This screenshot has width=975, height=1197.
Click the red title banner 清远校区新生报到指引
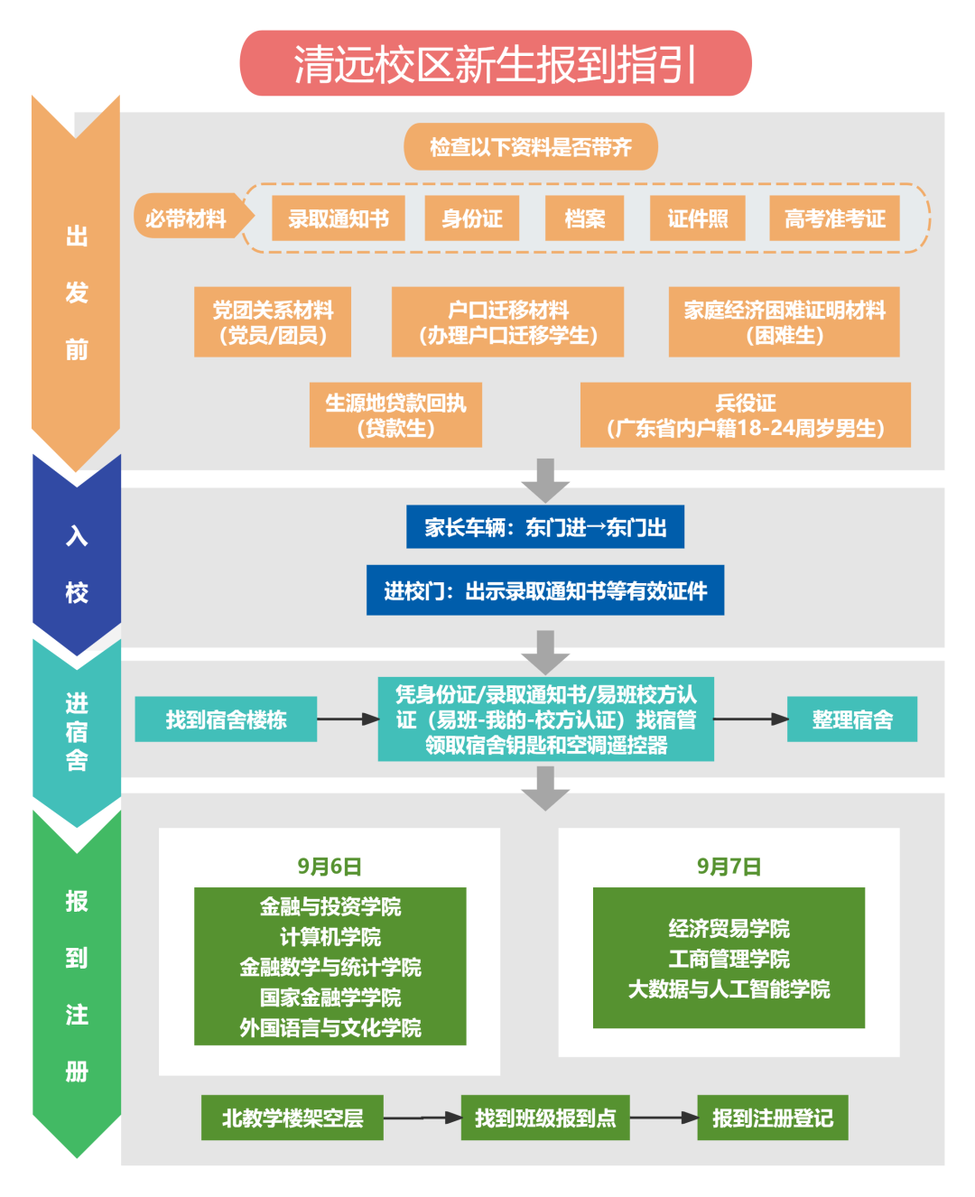(496, 63)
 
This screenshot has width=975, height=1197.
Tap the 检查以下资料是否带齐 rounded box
(531, 147)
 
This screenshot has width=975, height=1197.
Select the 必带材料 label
(187, 218)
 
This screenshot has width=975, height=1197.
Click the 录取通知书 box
(339, 218)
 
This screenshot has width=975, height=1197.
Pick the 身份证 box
(472, 218)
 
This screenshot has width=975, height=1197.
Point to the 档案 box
(585, 218)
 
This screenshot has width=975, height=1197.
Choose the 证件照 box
(698, 218)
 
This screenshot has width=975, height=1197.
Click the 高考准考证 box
(835, 218)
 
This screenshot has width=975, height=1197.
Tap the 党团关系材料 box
(273, 322)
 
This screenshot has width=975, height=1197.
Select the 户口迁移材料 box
(508, 322)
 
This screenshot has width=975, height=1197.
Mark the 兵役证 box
(746, 415)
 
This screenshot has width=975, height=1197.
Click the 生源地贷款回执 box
(395, 415)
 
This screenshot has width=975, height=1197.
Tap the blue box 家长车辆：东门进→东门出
(545, 527)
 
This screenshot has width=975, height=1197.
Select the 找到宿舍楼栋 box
(226, 719)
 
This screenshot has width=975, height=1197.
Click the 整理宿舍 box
(852, 719)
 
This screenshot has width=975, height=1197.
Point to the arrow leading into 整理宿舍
(750, 719)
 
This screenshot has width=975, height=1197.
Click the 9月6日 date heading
(330, 867)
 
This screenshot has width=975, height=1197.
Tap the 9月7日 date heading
(729, 867)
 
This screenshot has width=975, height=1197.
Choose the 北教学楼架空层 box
(292, 1118)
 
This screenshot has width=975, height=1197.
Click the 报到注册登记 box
(773, 1118)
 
